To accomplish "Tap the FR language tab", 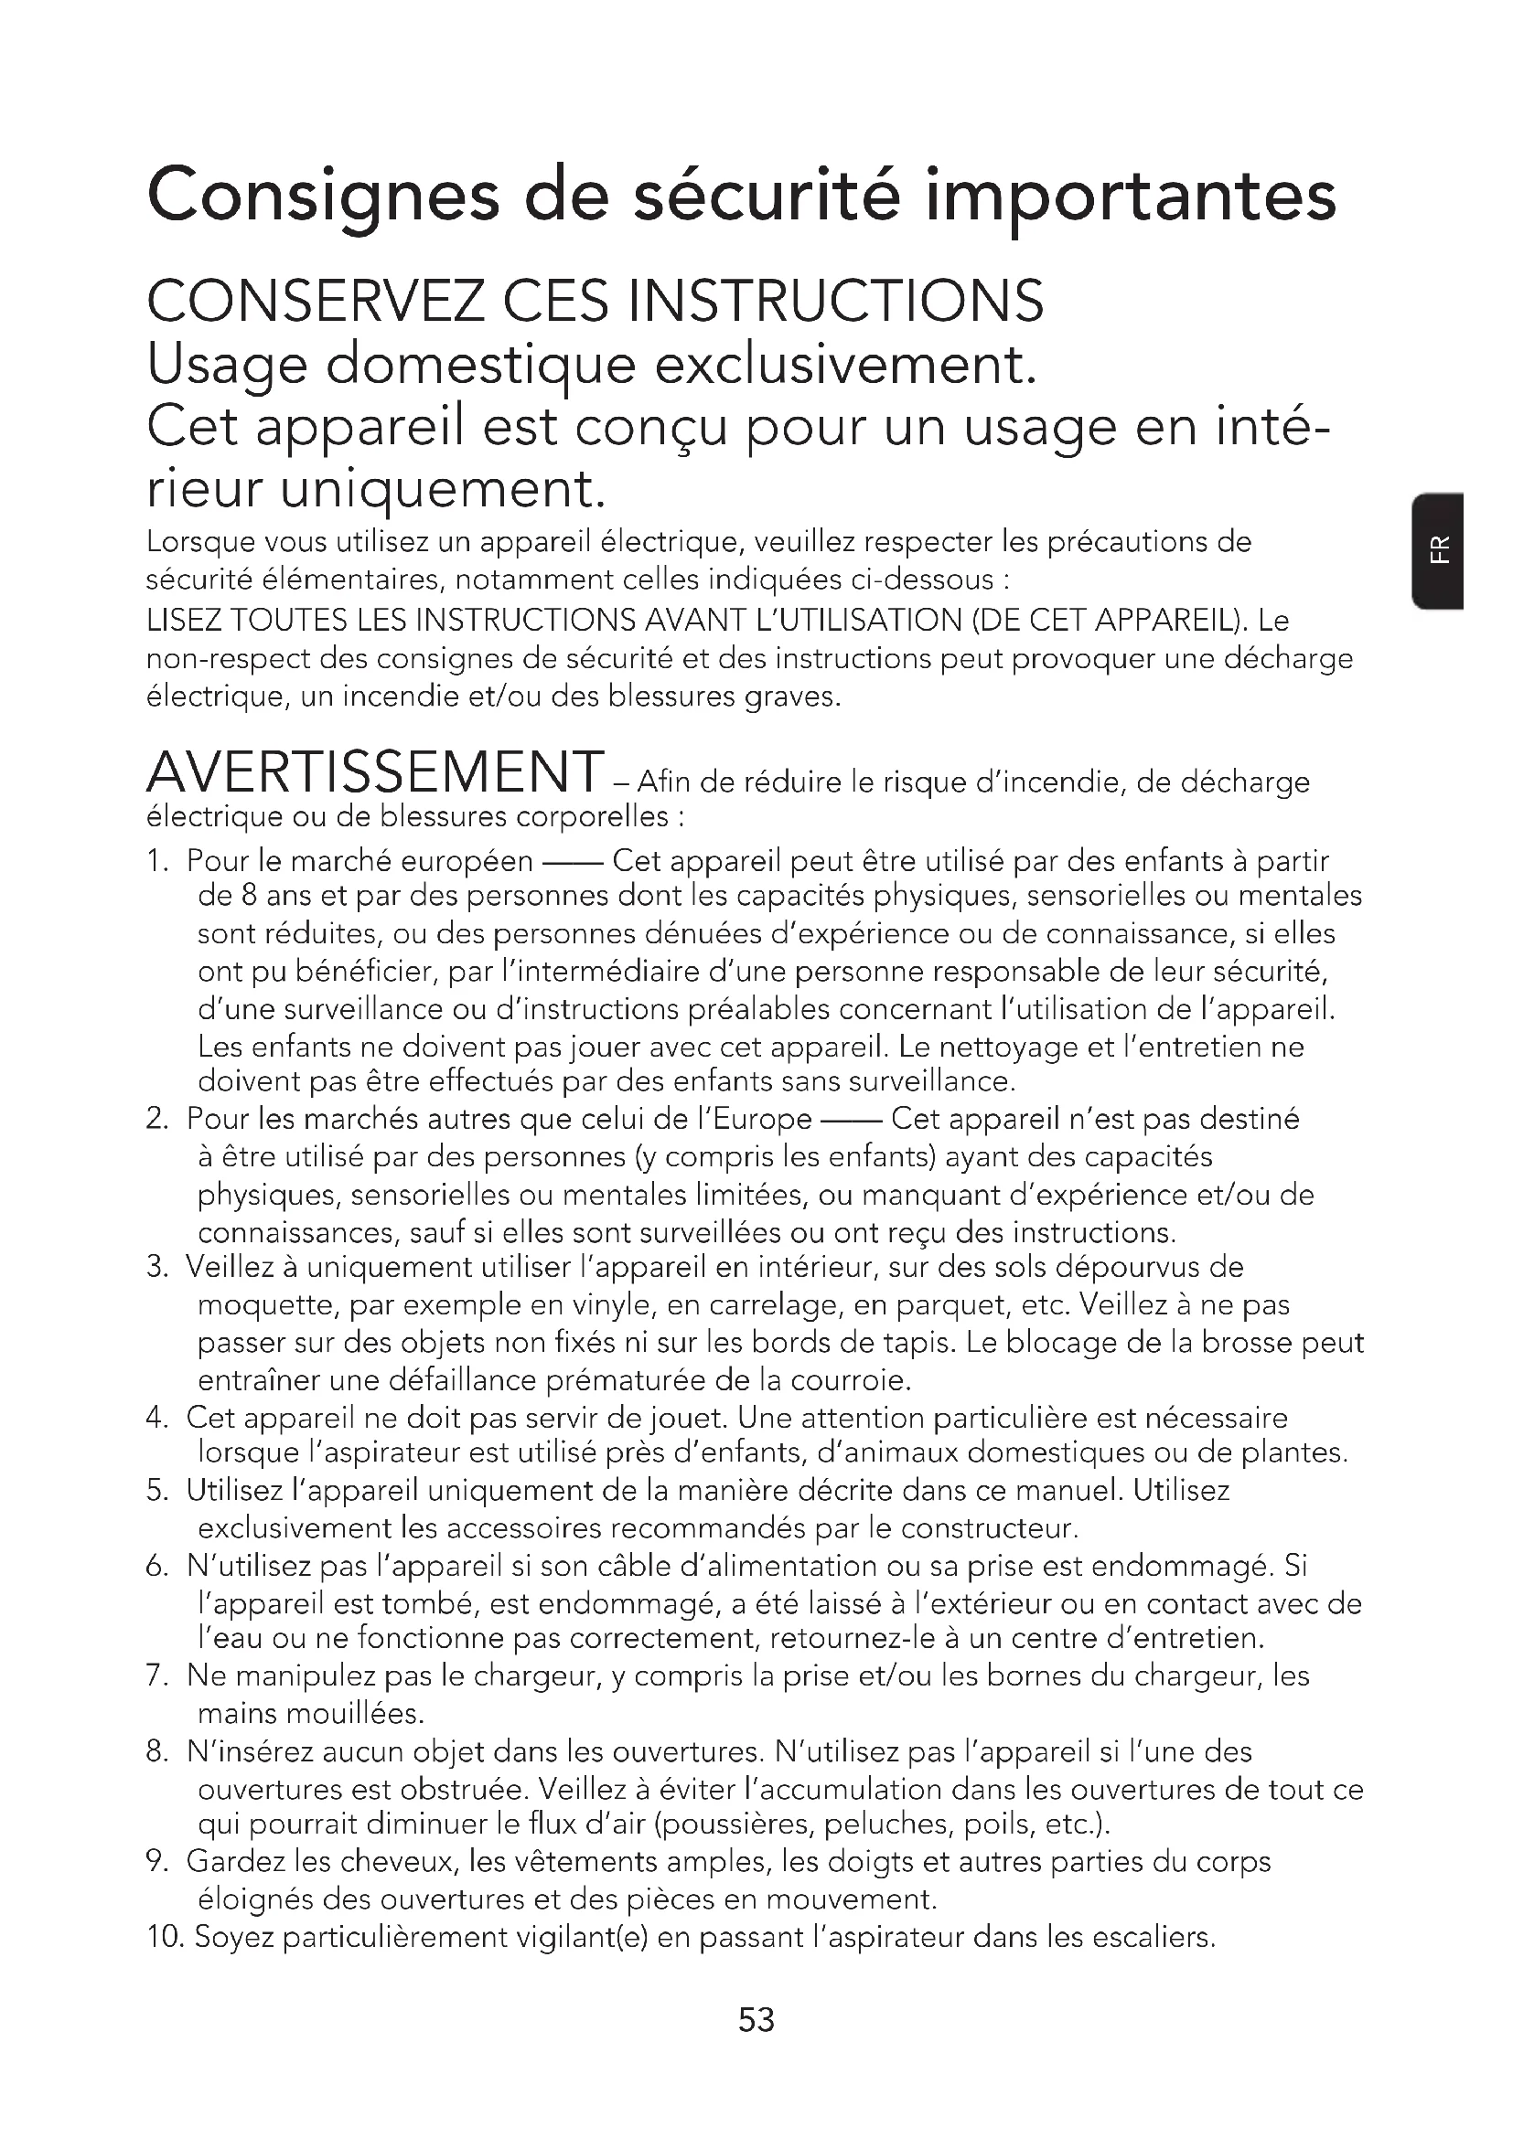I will [x=1440, y=550].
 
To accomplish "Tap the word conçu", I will [x=650, y=428].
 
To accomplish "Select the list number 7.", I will [x=156, y=1676].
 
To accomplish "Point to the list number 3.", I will [x=156, y=1266].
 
